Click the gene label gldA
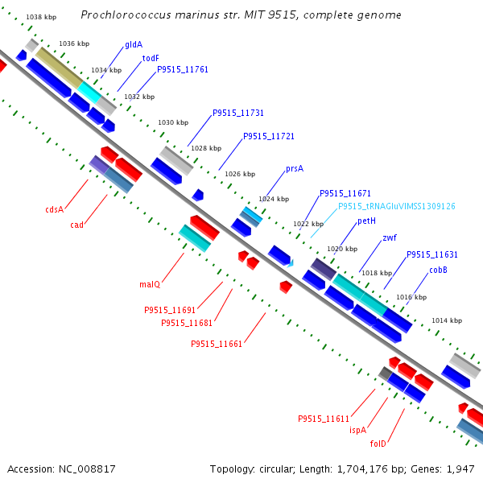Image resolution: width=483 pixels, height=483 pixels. (x=134, y=45)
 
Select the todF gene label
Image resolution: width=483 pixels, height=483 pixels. (x=151, y=58)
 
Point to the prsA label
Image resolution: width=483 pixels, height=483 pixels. (x=295, y=169)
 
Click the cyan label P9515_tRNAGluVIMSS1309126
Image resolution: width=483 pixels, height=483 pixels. (x=397, y=206)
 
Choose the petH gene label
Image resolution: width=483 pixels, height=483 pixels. (x=367, y=221)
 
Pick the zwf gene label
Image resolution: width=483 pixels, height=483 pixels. (x=390, y=237)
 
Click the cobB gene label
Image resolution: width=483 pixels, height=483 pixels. (x=438, y=270)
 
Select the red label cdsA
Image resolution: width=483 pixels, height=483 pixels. (x=54, y=209)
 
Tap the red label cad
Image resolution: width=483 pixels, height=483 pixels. (x=76, y=225)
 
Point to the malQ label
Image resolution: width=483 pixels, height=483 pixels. (x=150, y=284)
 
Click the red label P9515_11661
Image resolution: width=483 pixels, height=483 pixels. (x=217, y=344)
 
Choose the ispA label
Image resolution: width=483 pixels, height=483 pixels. (x=357, y=430)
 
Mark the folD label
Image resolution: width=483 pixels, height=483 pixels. (x=378, y=444)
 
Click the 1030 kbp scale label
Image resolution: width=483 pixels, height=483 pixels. (x=172, y=122)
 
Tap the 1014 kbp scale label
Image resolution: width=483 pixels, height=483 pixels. (x=447, y=320)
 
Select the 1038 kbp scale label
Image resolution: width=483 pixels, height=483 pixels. (x=40, y=17)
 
